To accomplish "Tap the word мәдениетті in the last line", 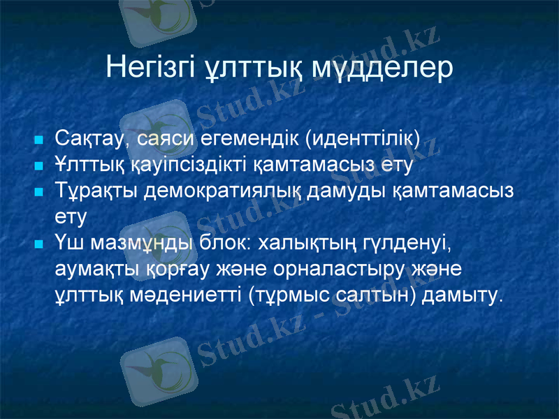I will click(187, 295).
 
